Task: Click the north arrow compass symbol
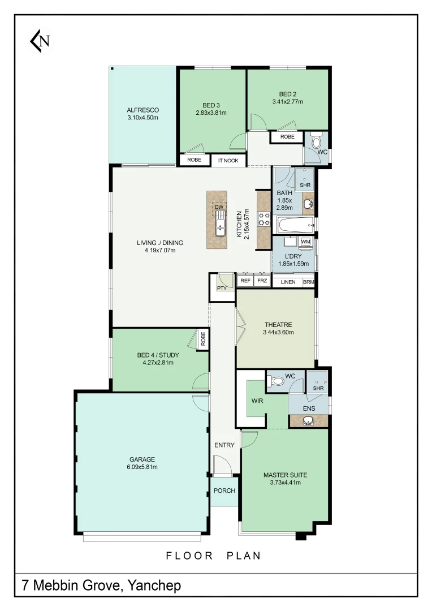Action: pos(40,41)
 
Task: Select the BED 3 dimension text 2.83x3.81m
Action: pos(211,113)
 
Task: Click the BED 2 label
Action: pos(287,94)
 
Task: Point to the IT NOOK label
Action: pos(228,161)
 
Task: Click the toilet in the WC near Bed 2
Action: pos(316,139)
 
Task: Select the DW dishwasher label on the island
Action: pos(219,207)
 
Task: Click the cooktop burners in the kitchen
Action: pos(264,218)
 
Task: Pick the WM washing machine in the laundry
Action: pos(306,242)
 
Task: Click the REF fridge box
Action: pos(245,281)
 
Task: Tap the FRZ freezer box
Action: pos(262,281)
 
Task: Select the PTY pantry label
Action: pos(222,288)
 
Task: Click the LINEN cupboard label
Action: pos(288,282)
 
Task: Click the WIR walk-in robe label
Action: pos(256,401)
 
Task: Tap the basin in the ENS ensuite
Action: pos(309,421)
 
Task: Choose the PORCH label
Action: pos(224,490)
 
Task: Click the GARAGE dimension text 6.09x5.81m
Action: pos(142,467)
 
